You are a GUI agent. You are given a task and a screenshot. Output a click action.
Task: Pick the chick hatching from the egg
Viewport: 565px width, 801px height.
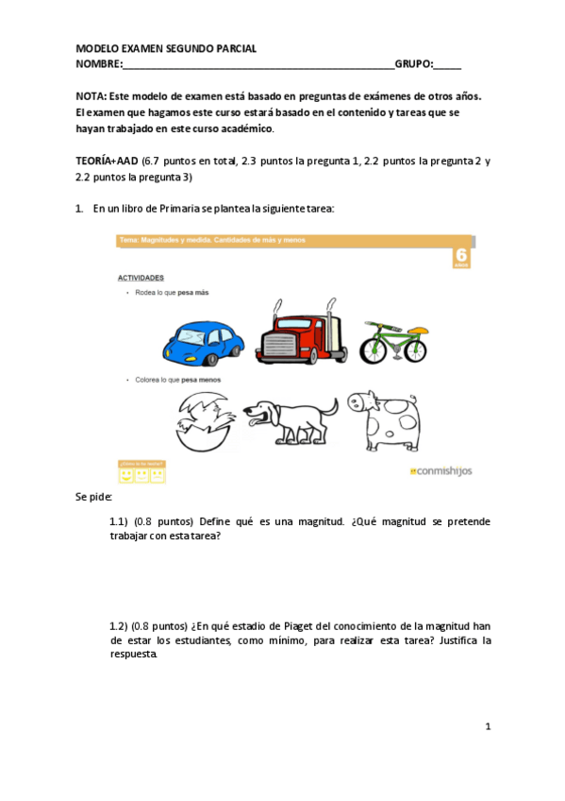coord(200,420)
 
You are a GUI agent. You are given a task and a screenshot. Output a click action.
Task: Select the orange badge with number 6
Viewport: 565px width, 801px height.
coord(460,258)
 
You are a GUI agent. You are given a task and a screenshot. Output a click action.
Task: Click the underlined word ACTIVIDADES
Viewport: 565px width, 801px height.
coord(141,278)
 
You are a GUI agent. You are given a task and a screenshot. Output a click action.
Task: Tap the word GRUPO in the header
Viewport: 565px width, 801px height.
coord(412,64)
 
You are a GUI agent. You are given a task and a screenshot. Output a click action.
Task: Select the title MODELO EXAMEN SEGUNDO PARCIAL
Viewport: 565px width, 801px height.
coord(165,49)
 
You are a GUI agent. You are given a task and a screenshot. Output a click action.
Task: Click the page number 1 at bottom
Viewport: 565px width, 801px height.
coord(488,726)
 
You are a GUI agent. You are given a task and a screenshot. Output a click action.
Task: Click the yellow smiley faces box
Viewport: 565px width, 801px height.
coord(141,471)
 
